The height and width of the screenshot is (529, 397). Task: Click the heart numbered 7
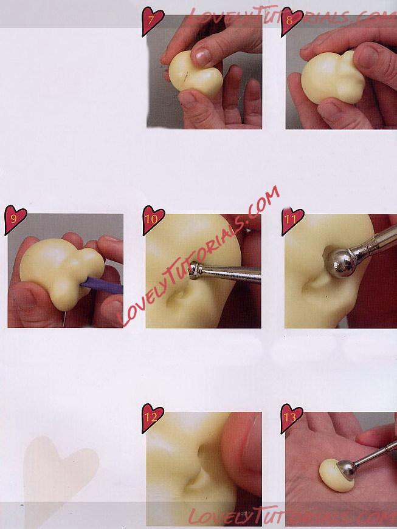click(x=153, y=21)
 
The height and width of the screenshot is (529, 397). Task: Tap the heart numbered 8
click(x=292, y=21)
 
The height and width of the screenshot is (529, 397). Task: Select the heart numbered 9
click(x=15, y=219)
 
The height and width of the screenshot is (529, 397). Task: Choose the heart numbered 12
click(x=153, y=418)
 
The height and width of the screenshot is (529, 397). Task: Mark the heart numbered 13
click(x=292, y=418)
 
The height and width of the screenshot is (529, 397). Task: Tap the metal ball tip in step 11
click(x=340, y=262)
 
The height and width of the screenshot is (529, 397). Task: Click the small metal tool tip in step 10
click(x=194, y=270)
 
